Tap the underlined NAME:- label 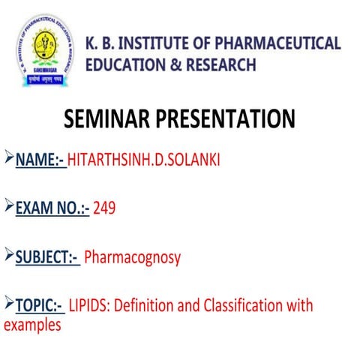click(40, 159)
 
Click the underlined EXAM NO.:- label click(52, 208)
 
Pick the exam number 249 click(104, 208)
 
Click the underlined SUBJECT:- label click(47, 257)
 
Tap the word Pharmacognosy click(133, 257)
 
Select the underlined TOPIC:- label click(38, 306)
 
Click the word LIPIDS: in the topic click(91, 306)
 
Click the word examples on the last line click(32, 325)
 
